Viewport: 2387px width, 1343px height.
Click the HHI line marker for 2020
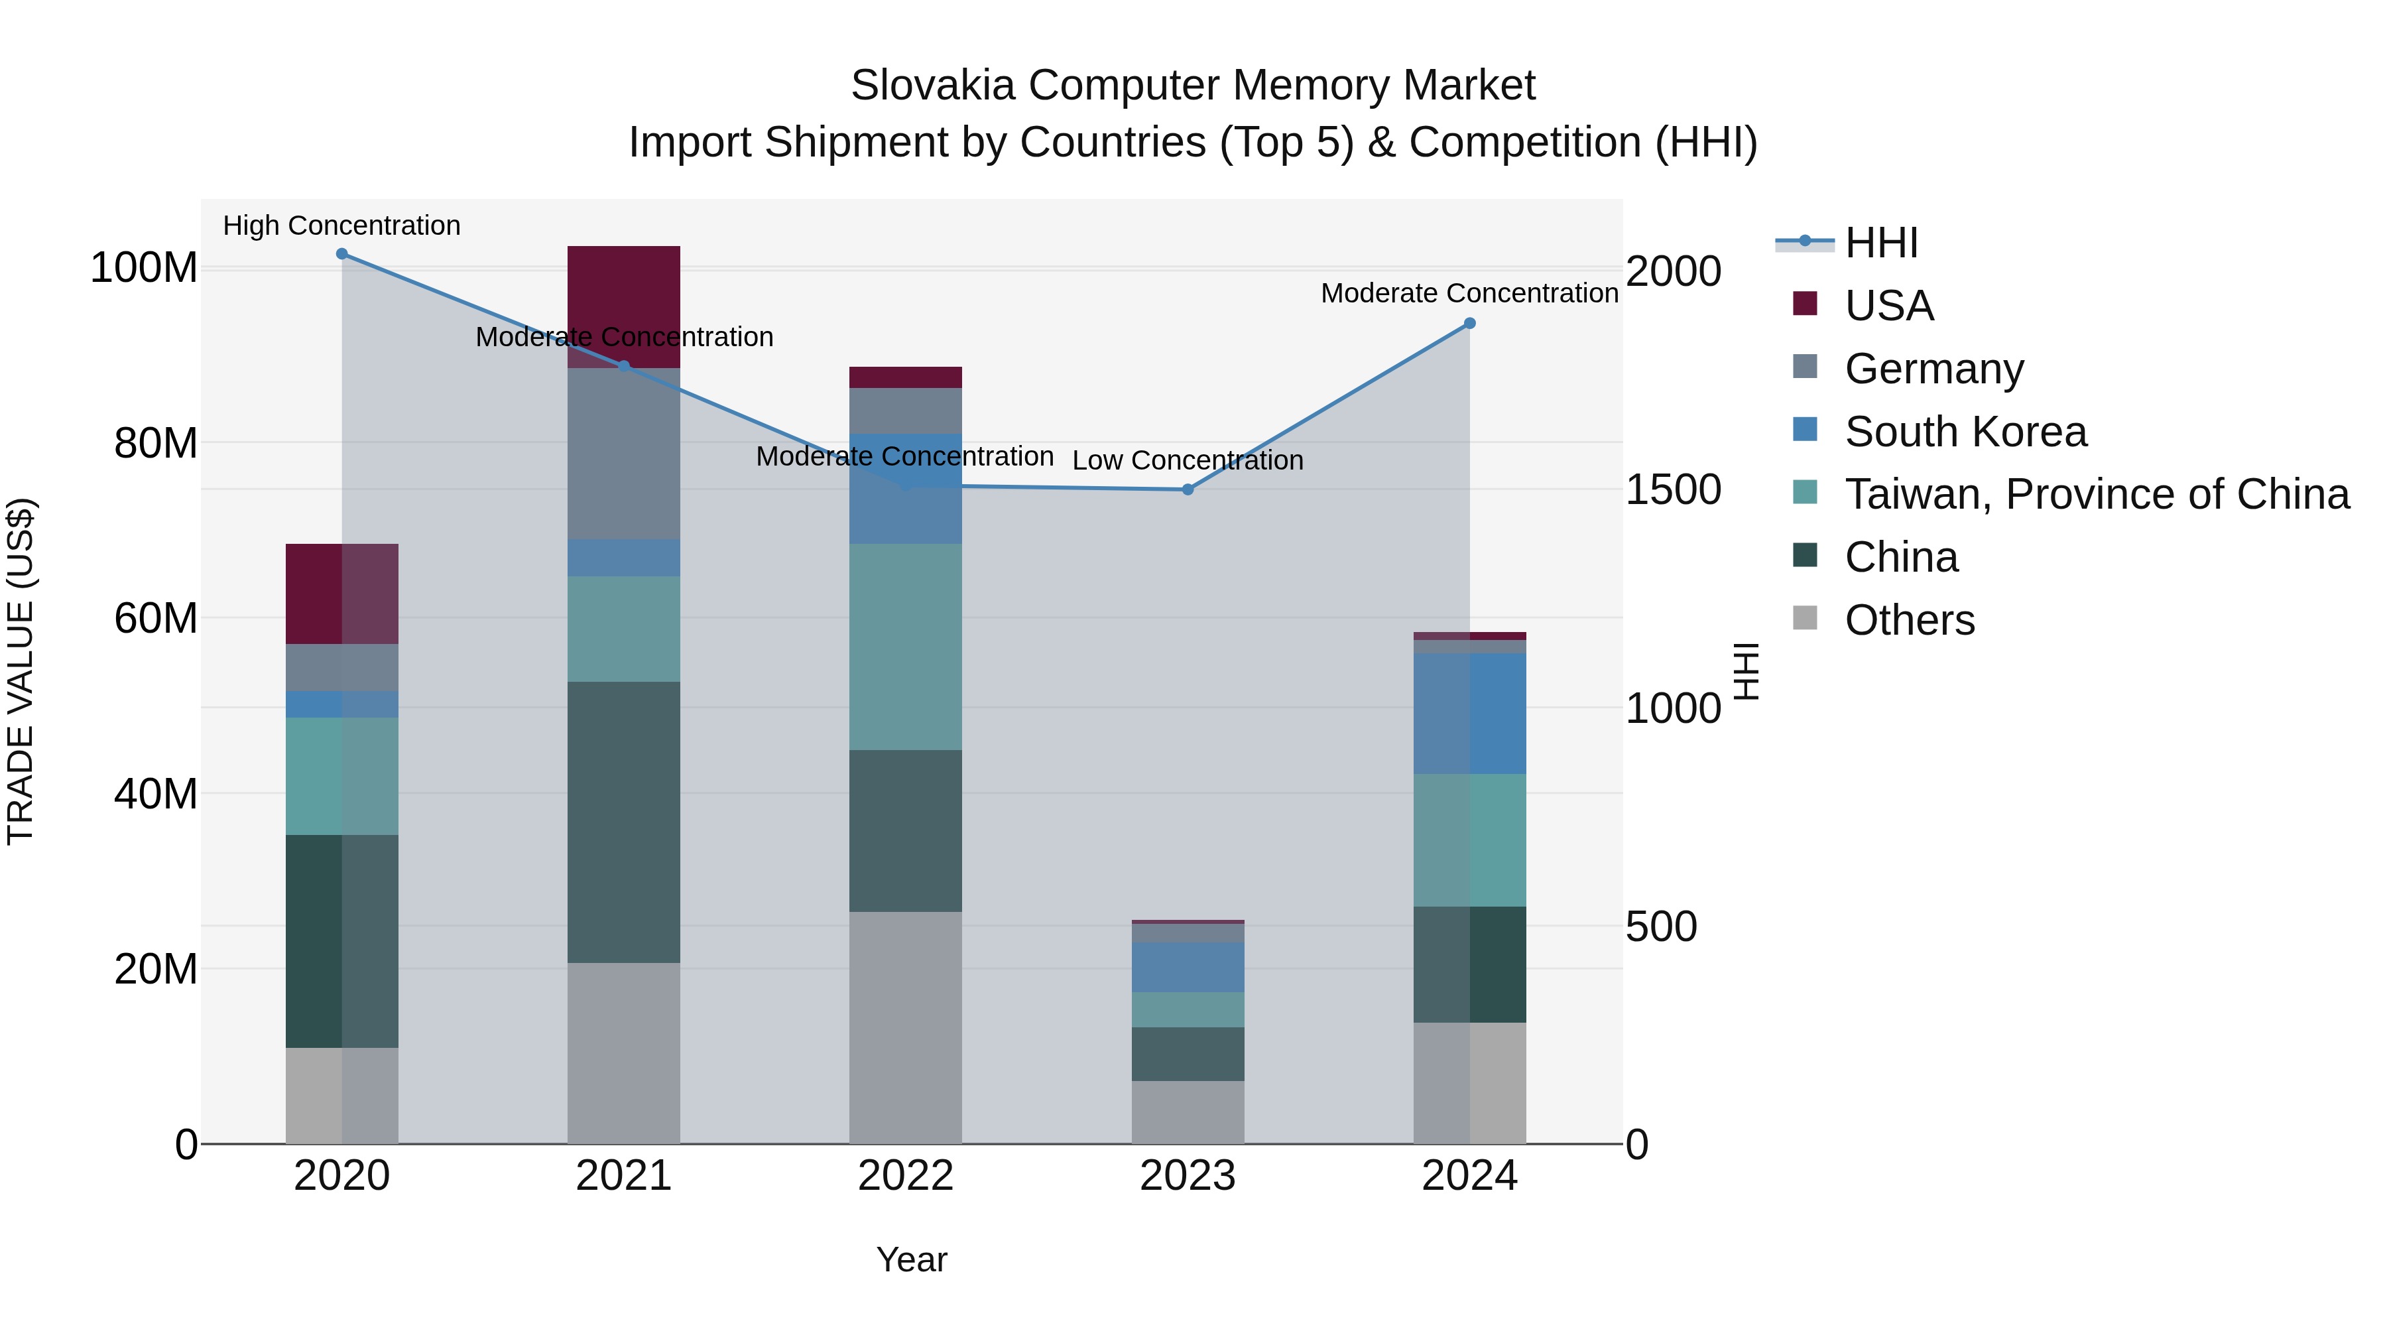coord(342,254)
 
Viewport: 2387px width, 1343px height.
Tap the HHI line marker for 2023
coord(1188,489)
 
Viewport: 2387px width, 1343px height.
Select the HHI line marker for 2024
coord(1469,324)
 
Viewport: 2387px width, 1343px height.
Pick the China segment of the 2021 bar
coord(624,822)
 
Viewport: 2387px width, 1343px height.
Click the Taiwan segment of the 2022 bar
coord(905,646)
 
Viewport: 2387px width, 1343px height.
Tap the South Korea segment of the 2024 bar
coord(1469,713)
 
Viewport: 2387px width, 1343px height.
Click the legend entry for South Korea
coord(1965,432)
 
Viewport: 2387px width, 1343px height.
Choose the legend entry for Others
coord(1909,620)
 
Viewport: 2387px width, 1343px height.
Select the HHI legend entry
coord(1881,243)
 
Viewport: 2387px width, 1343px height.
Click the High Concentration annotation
coord(342,225)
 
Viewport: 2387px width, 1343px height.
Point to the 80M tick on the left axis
coord(156,443)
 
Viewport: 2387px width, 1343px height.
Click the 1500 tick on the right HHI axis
coord(1674,489)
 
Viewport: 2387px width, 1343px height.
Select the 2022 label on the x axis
coord(905,1176)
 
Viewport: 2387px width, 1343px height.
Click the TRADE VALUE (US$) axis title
coord(21,671)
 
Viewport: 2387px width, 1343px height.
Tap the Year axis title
coord(912,1259)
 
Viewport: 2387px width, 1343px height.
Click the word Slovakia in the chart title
coord(933,86)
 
